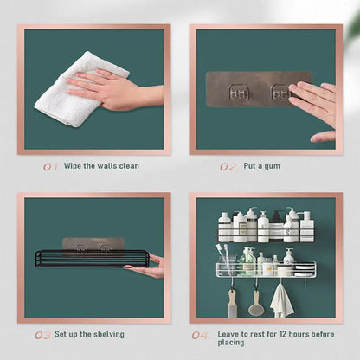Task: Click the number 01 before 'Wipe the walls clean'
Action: (51, 166)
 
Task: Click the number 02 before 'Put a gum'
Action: (228, 166)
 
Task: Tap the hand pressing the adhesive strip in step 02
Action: (312, 102)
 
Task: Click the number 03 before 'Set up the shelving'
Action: (42, 334)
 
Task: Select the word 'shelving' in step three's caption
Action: (106, 334)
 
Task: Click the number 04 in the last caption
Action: (200, 334)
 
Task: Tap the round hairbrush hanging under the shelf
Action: (256, 303)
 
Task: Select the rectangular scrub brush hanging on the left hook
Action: (232, 304)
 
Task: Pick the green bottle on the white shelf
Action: (248, 260)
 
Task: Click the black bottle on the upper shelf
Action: (276, 227)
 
